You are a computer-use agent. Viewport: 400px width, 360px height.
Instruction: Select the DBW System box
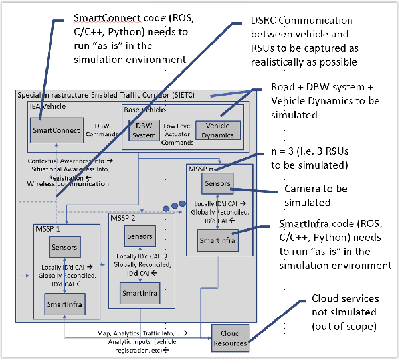tap(144, 130)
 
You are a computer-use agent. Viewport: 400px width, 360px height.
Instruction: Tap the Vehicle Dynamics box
tap(218, 130)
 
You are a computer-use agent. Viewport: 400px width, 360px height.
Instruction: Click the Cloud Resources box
tap(229, 337)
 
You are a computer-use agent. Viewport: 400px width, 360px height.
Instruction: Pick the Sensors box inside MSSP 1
tap(64, 247)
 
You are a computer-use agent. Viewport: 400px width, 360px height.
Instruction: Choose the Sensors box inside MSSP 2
tap(140, 236)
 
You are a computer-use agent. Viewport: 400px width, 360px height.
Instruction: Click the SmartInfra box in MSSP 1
tap(64, 304)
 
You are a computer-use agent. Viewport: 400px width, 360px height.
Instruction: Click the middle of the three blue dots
tap(175, 206)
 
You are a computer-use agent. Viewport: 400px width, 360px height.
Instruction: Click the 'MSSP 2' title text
tap(124, 218)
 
